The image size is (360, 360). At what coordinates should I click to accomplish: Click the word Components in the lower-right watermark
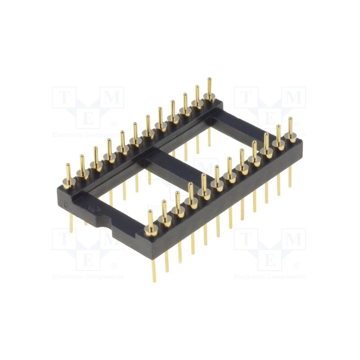pos(286,277)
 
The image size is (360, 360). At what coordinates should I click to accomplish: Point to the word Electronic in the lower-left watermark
pos(67,277)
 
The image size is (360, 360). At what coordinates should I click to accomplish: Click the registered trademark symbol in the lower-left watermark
pos(114,266)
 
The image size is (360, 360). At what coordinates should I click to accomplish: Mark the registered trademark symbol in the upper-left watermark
pos(114,124)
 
